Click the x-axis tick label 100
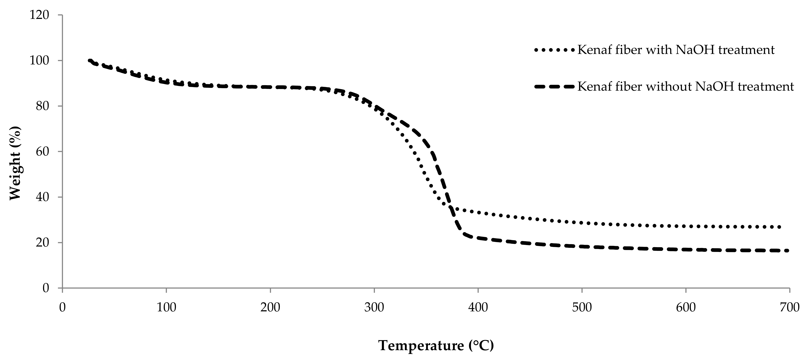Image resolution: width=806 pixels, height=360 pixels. (166, 308)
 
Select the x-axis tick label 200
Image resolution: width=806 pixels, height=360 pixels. (270, 308)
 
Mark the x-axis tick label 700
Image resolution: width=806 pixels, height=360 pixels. (789, 308)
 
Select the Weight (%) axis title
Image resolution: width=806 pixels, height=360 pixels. (15, 163)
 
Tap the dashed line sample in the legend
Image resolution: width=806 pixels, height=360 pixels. (554, 87)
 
